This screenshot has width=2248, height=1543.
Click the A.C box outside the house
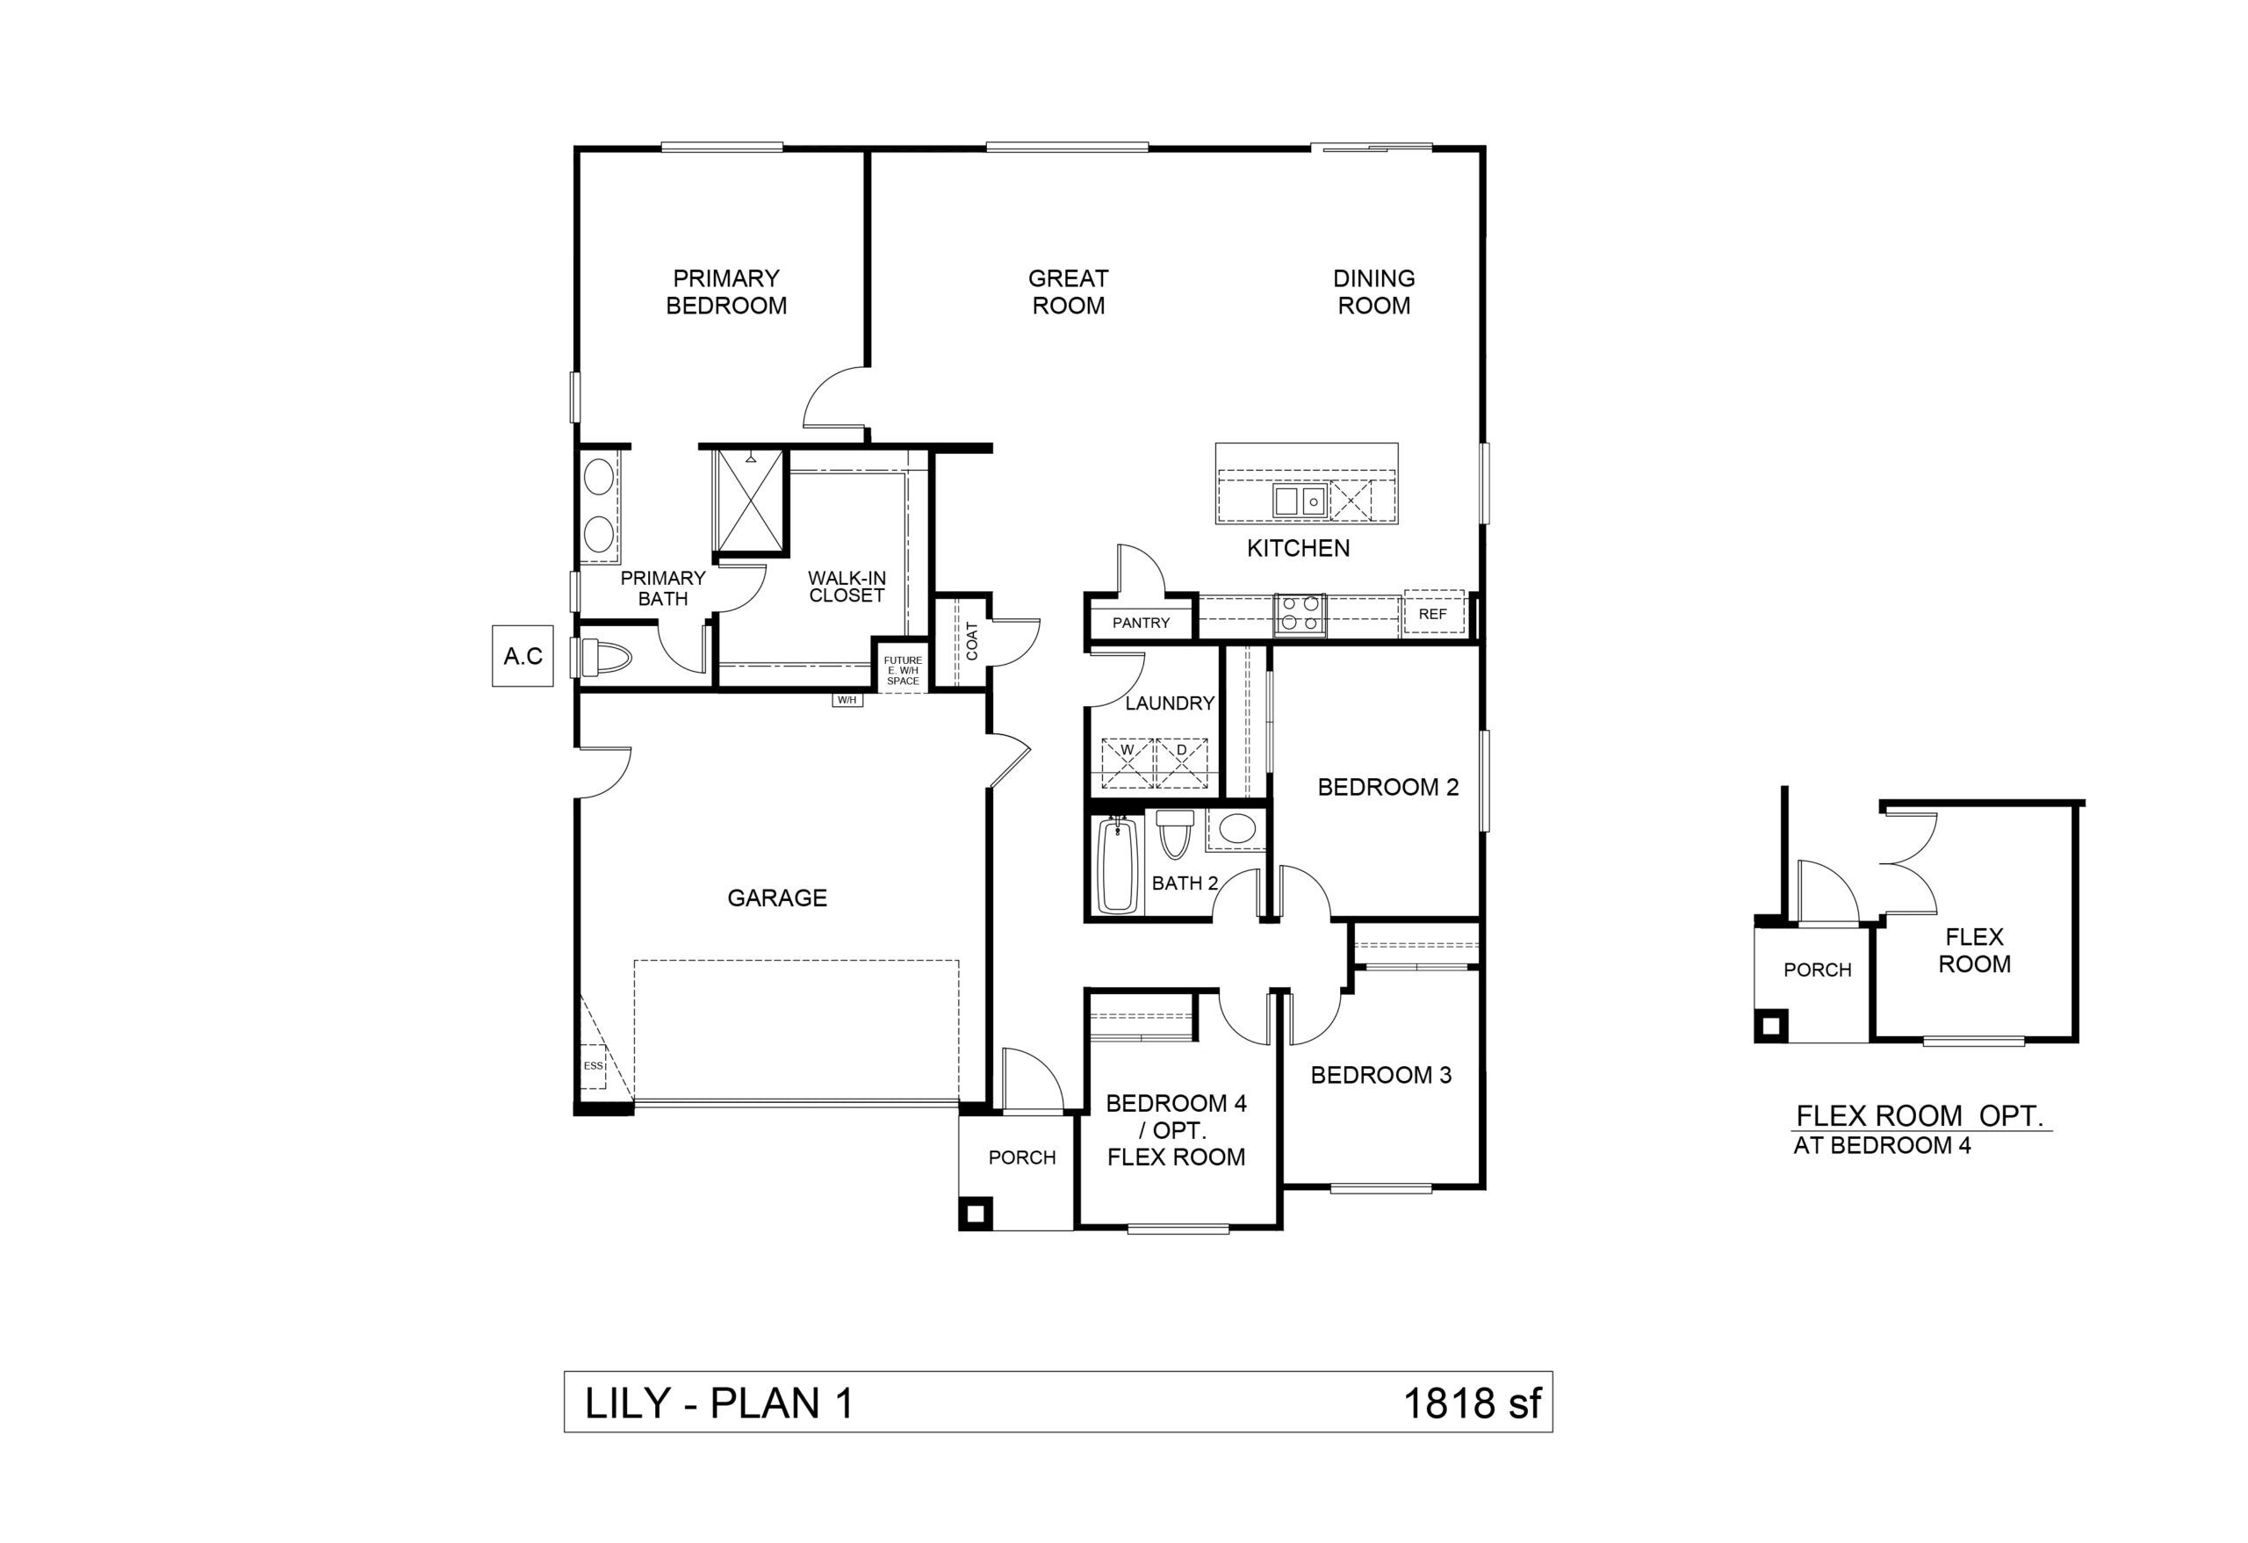tap(522, 657)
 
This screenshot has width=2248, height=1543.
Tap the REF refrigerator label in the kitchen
tap(1432, 614)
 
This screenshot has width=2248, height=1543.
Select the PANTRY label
tap(1141, 623)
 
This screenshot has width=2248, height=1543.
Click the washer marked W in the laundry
tap(1127, 764)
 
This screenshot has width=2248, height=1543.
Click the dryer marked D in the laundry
tap(1182, 764)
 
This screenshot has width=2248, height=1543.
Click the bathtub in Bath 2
tap(1117, 866)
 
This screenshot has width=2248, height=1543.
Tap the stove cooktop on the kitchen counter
tap(1299, 614)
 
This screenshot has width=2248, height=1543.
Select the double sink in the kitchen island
tap(1298, 501)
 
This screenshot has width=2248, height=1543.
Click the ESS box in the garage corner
tap(593, 1066)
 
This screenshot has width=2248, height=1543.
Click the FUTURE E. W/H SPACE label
tap(903, 670)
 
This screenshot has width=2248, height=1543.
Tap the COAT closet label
tap(972, 641)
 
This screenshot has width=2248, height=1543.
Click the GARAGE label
tap(777, 898)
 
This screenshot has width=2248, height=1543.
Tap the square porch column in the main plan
tap(975, 1212)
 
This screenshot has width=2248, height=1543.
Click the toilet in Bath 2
tap(1174, 835)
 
